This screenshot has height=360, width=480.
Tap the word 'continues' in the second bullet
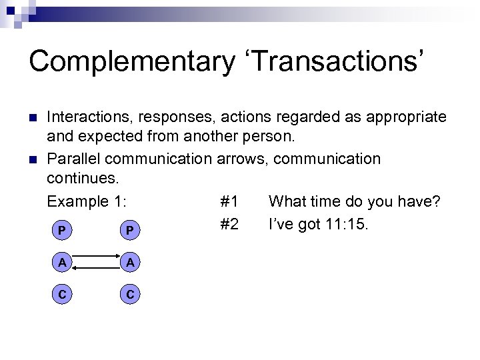coord(79,180)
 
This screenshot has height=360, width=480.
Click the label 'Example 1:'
coord(87,201)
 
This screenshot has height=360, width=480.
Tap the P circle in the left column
coord(61,230)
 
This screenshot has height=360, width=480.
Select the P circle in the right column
coord(131,230)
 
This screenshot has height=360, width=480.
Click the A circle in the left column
coord(61,262)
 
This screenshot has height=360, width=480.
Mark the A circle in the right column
coord(131,262)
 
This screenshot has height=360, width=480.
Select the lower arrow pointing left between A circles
coord(95,268)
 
